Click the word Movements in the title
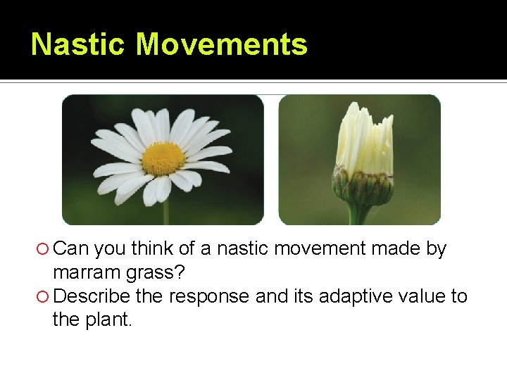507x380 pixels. point(222,44)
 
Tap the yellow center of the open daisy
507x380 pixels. point(163,158)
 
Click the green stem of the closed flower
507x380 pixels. point(360,214)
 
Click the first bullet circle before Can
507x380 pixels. point(44,250)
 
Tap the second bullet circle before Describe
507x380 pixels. point(44,297)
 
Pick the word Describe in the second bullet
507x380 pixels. point(92,296)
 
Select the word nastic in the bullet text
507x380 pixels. point(244,249)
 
